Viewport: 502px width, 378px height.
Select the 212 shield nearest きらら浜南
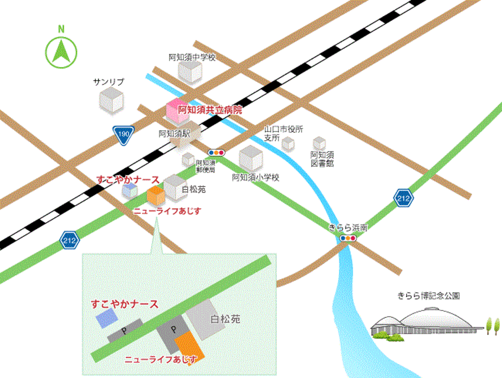[x=403, y=198]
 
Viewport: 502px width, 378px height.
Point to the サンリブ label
[x=109, y=82]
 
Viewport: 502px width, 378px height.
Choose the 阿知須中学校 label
[x=192, y=57]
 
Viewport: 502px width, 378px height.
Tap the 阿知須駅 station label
[x=173, y=133]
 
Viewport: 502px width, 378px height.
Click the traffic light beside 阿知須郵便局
[x=216, y=152]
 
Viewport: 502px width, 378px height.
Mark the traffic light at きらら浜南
[x=348, y=238]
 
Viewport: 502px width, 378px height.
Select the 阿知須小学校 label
[x=256, y=178]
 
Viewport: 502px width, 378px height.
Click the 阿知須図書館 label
[x=322, y=159]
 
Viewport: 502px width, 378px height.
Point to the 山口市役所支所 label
[x=283, y=133]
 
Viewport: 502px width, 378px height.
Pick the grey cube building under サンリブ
[x=111, y=101]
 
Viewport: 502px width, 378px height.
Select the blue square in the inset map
[x=107, y=319]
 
